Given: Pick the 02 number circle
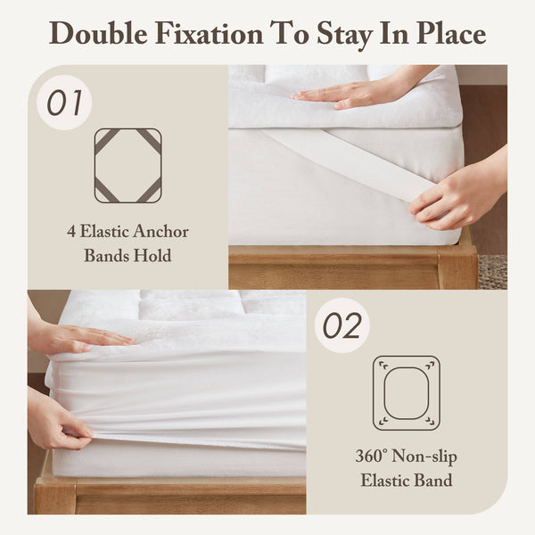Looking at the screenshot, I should [x=343, y=325].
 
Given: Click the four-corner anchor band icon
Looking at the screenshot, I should [x=128, y=165].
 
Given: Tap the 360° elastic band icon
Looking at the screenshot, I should [x=407, y=392].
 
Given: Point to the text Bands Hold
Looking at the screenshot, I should [x=128, y=256].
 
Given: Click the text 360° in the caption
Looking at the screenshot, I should [x=374, y=457].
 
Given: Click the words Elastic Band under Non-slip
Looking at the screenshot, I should [x=407, y=481].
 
